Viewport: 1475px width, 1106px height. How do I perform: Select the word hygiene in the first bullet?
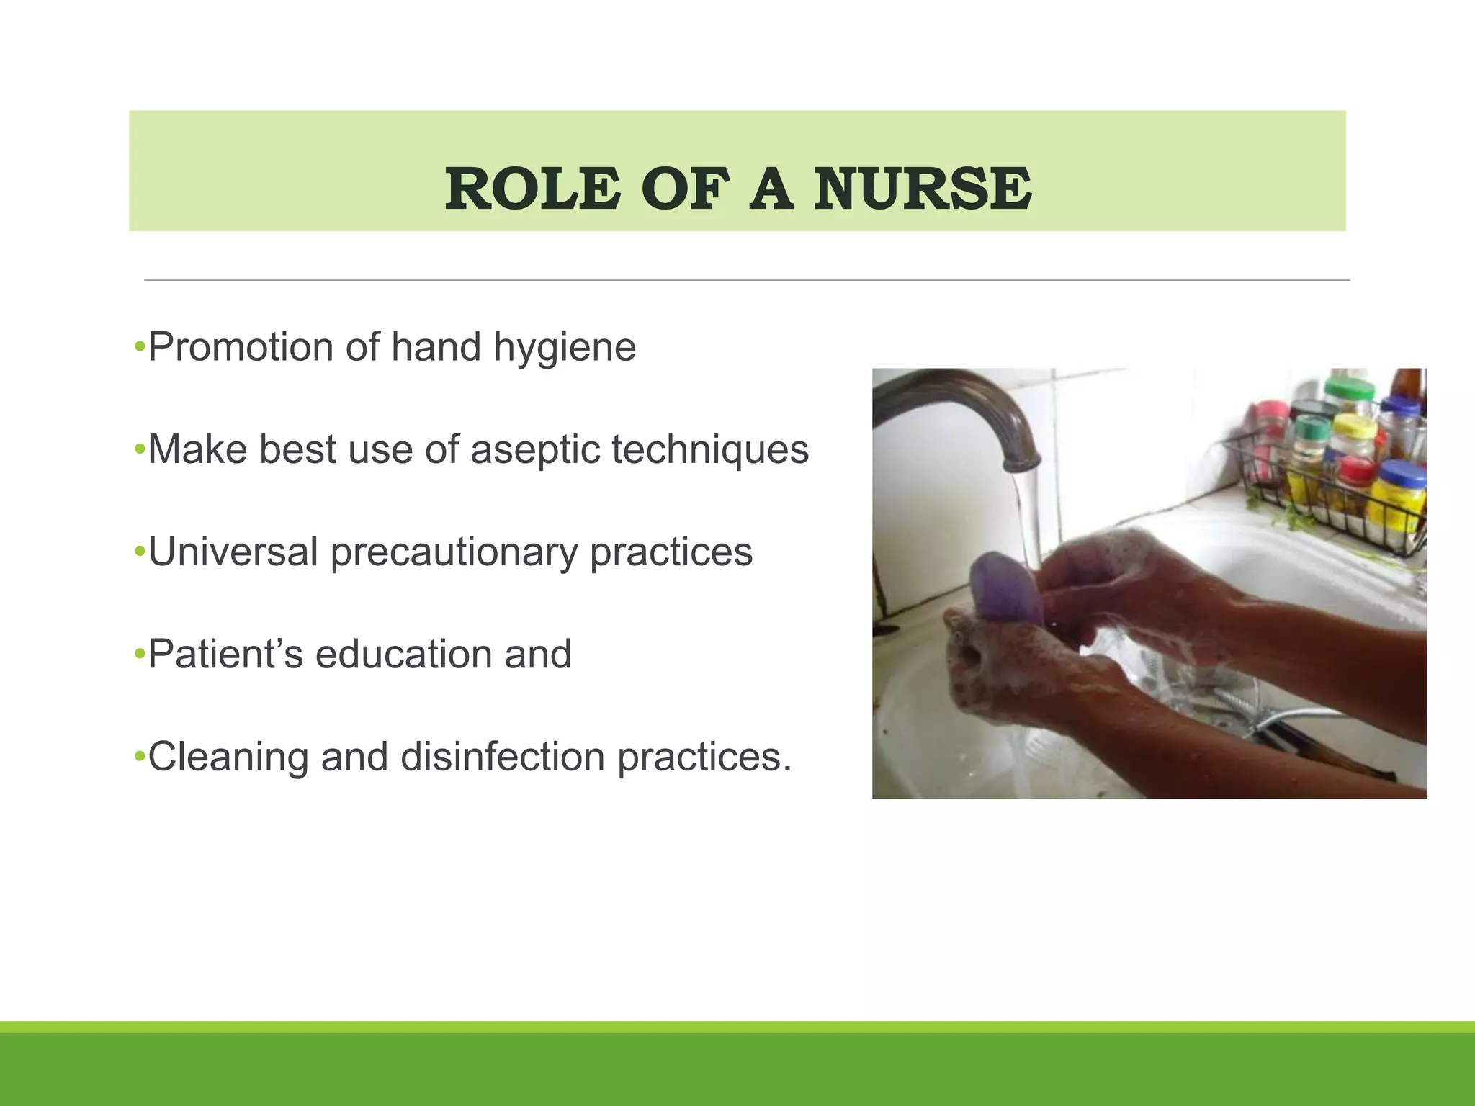[x=565, y=349]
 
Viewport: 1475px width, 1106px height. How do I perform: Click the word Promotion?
[x=240, y=347]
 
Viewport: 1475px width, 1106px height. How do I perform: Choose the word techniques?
[x=710, y=451]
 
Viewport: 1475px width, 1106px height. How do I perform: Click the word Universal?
[x=233, y=552]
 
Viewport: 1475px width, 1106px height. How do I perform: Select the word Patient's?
[x=225, y=655]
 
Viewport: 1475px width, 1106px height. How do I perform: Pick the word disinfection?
[x=503, y=757]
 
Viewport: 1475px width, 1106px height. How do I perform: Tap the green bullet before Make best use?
[x=140, y=451]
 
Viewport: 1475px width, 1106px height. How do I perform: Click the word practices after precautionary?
[x=671, y=552]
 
